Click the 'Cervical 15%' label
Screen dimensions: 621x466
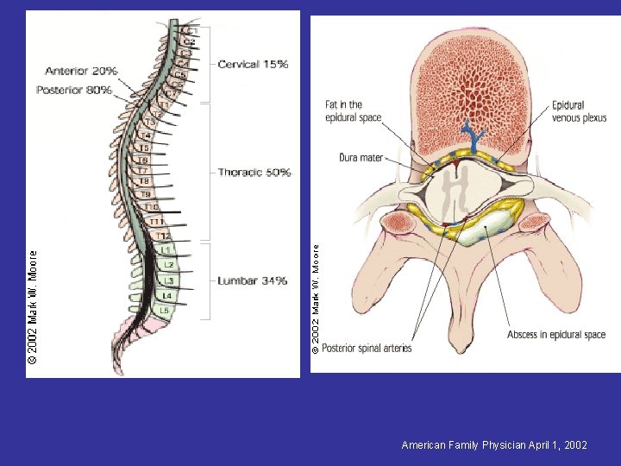pos(253,64)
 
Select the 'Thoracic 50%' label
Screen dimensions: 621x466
pos(254,173)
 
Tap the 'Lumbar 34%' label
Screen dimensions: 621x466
pos(252,280)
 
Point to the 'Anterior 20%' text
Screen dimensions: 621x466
pos(81,71)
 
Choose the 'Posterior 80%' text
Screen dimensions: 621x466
pos(74,90)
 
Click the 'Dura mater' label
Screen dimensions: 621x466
pos(361,158)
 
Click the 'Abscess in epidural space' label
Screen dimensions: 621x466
pos(556,335)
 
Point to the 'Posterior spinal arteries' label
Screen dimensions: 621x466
pos(367,348)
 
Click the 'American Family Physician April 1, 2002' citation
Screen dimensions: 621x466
pos(494,445)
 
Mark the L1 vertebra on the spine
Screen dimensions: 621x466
pos(165,250)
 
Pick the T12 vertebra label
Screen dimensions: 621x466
pos(163,236)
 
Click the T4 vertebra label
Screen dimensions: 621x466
pos(146,135)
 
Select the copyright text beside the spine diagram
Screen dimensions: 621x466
pos(33,306)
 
